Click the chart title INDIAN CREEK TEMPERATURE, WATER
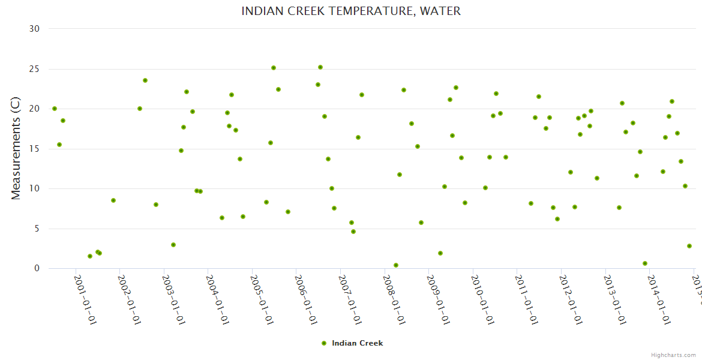pyautogui.click(x=351, y=11)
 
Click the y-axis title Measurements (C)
pyautogui.click(x=16, y=148)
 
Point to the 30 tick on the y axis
pyautogui.click(x=35, y=29)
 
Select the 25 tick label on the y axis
pyautogui.click(x=35, y=69)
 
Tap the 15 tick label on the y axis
pyautogui.click(x=35, y=149)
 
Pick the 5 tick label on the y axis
pyautogui.click(x=37, y=229)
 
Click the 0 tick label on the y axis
pyautogui.click(x=37, y=269)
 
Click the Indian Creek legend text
pyautogui.click(x=357, y=343)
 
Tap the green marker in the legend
pyautogui.click(x=324, y=343)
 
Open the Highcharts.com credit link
pyautogui.click(x=673, y=355)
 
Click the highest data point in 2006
pyautogui.click(x=320, y=67)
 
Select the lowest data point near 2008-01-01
pyautogui.click(x=396, y=265)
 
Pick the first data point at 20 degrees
pyautogui.click(x=55, y=109)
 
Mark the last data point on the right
pyautogui.click(x=689, y=246)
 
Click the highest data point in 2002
pyautogui.click(x=145, y=80)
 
